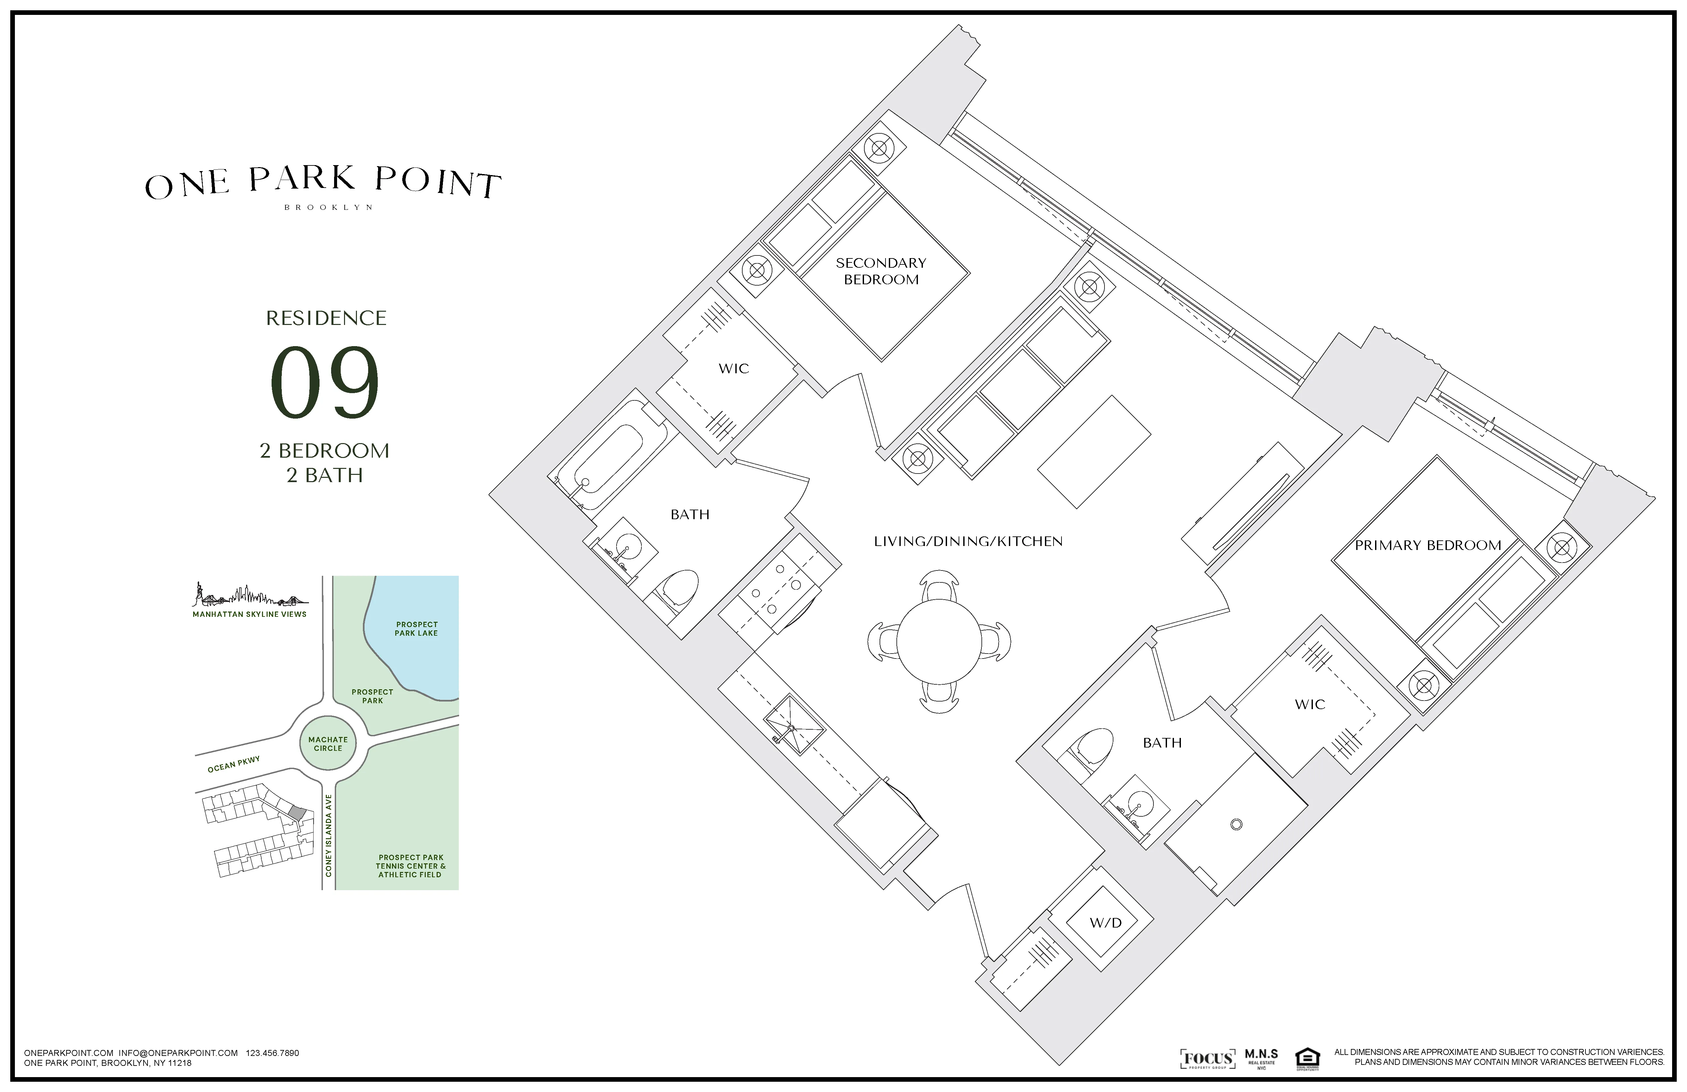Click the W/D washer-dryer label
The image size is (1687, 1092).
click(x=1106, y=923)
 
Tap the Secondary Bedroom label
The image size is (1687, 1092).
click(x=881, y=271)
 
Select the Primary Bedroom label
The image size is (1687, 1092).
click(x=1428, y=545)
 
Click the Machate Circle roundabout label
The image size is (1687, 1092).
click(x=328, y=744)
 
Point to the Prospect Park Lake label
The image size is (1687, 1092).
click(x=417, y=629)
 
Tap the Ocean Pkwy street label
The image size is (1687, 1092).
click(x=234, y=764)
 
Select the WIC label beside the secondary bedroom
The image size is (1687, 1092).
click(x=734, y=369)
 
